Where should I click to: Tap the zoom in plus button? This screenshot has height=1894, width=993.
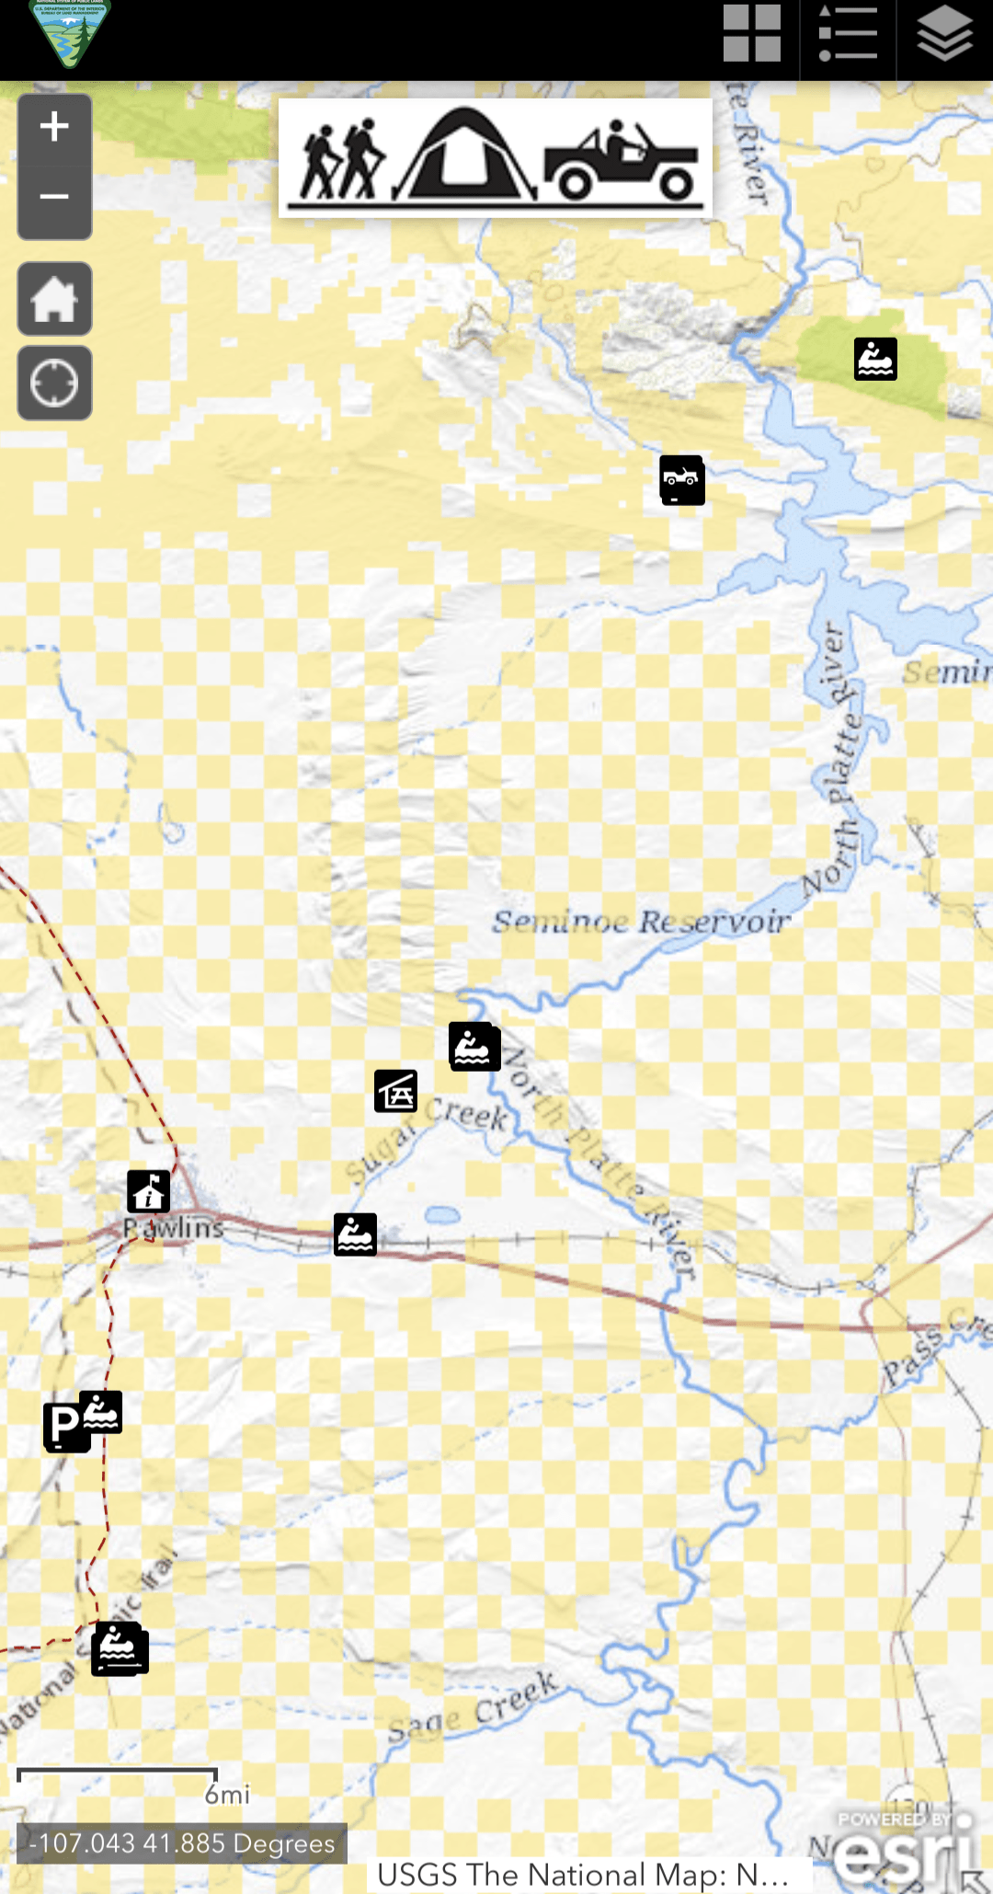pyautogui.click(x=54, y=127)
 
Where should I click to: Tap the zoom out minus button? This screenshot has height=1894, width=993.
pyautogui.click(x=54, y=197)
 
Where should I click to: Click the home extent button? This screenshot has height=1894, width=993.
pyautogui.click(x=54, y=299)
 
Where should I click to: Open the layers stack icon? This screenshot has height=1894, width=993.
pyautogui.click(x=944, y=35)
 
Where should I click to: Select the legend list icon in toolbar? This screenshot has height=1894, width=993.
pyautogui.click(x=847, y=35)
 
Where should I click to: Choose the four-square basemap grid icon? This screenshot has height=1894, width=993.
pyautogui.click(x=751, y=35)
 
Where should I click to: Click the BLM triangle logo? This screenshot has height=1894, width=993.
pyautogui.click(x=69, y=33)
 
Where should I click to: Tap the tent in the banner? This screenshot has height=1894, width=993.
pyautogui.click(x=466, y=155)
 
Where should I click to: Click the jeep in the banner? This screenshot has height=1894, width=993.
pyautogui.click(x=622, y=161)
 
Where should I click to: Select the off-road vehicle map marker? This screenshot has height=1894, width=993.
pyautogui.click(x=682, y=479)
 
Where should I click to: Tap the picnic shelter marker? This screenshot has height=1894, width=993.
pyautogui.click(x=395, y=1091)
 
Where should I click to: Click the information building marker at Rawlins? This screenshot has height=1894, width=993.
pyautogui.click(x=148, y=1191)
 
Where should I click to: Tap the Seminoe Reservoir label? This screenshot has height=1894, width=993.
pyautogui.click(x=641, y=921)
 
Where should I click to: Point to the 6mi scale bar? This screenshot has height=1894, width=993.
pyautogui.click(x=118, y=1776)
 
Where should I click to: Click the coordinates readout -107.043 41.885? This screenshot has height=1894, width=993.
pyautogui.click(x=182, y=1843)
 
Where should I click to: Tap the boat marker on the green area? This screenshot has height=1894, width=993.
pyautogui.click(x=875, y=359)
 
